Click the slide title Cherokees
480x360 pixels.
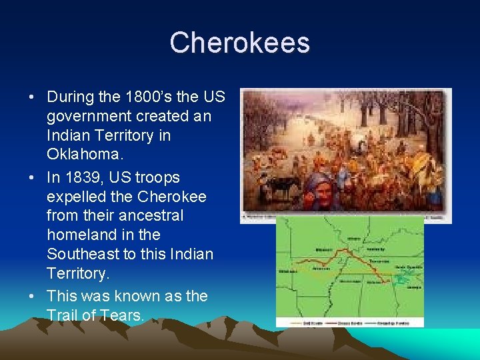[239, 43]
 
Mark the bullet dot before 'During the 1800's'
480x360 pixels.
[32, 97]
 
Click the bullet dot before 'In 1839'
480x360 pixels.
[32, 178]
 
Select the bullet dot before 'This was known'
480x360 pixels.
[32, 297]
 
